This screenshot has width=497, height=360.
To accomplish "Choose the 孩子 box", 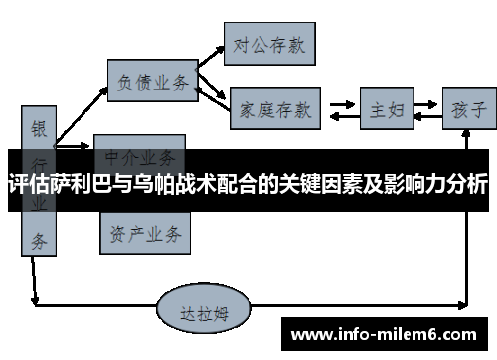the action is click(466, 108).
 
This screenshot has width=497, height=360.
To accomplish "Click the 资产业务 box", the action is click(144, 234).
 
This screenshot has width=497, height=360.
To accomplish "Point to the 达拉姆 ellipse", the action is click(205, 311).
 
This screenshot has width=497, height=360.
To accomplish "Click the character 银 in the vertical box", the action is click(39, 128).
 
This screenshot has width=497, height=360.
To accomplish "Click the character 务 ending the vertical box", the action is click(38, 239).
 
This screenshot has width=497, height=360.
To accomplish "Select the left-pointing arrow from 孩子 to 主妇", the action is click(427, 117).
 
